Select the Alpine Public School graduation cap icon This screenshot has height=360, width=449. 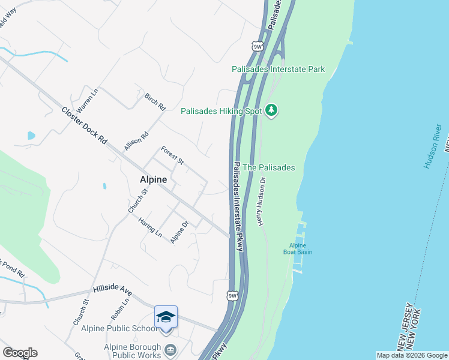coord(166,317)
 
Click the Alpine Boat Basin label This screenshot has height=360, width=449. coord(298,248)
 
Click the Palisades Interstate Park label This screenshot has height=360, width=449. coord(279,69)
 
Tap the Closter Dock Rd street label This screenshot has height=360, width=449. coord(84,125)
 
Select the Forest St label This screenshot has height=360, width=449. coord(172,155)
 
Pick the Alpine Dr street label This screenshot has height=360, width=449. coord(179,232)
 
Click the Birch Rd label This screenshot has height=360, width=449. coord(155,102)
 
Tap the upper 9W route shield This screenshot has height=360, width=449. coord(258,46)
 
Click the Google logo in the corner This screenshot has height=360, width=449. coord(20,353)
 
